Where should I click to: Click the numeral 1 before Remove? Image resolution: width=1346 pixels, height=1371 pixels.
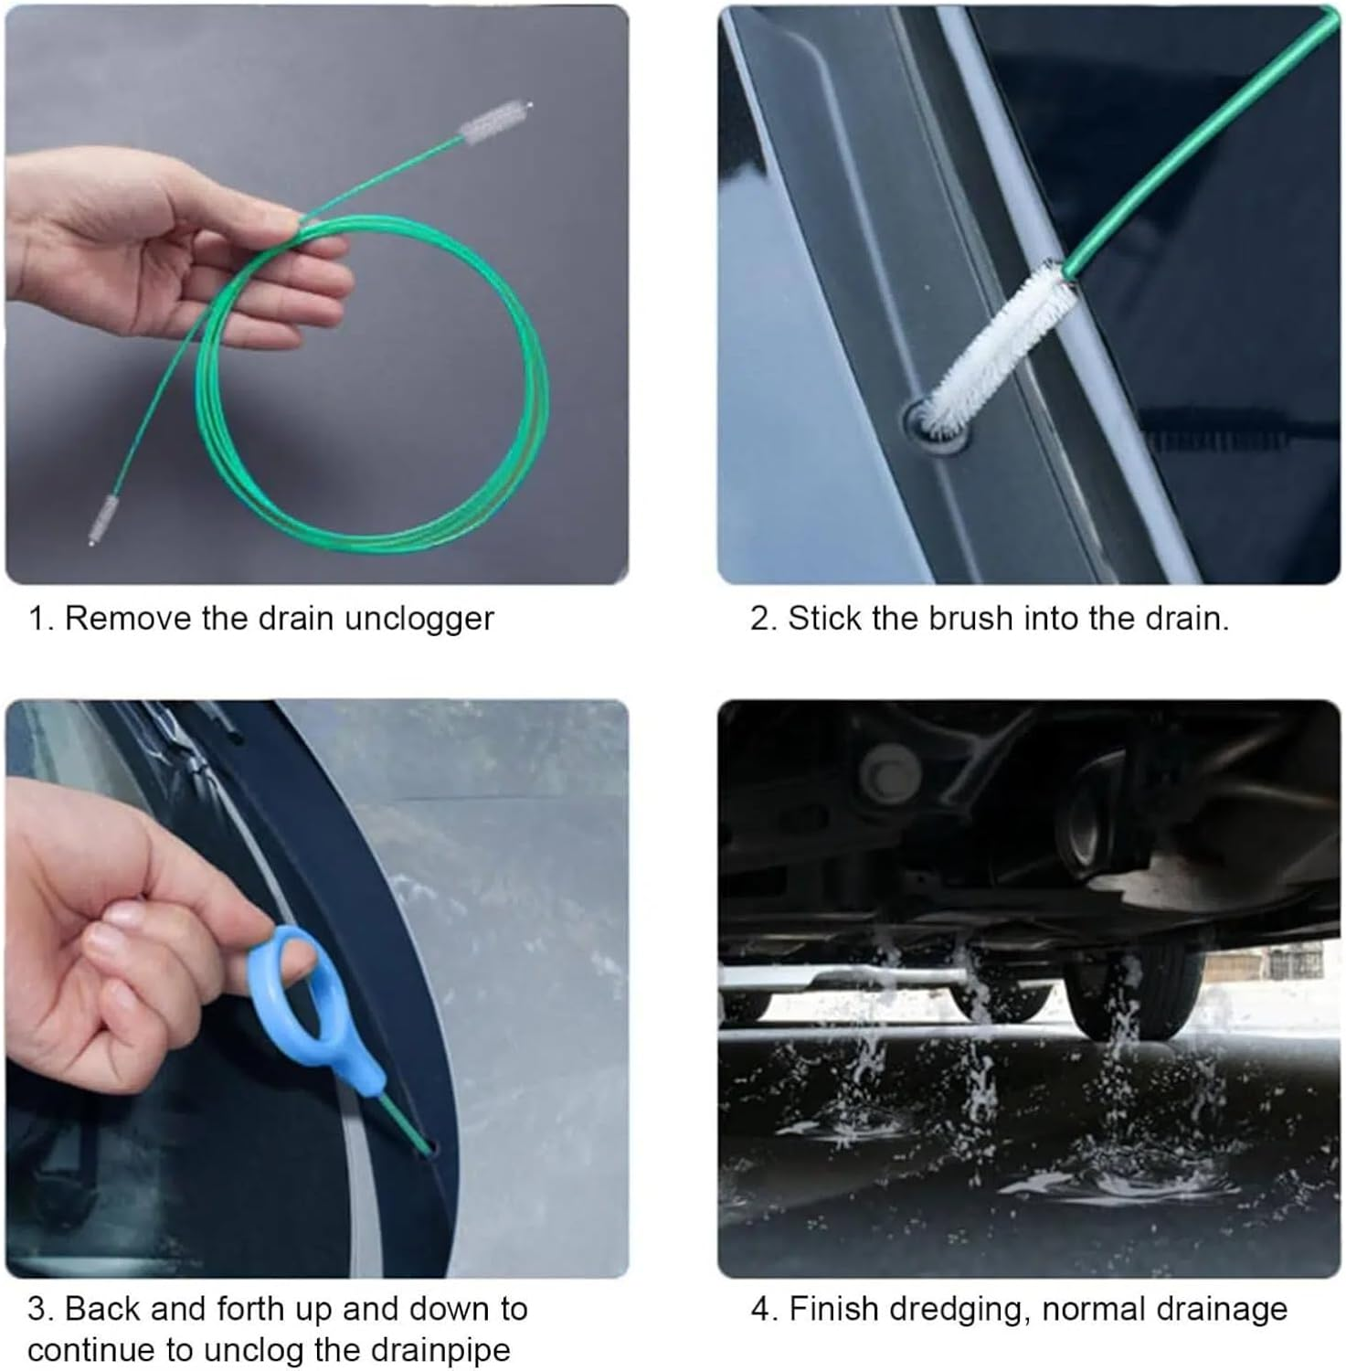coord(37,619)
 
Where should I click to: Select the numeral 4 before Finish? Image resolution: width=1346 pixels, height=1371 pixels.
coord(760,1309)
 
